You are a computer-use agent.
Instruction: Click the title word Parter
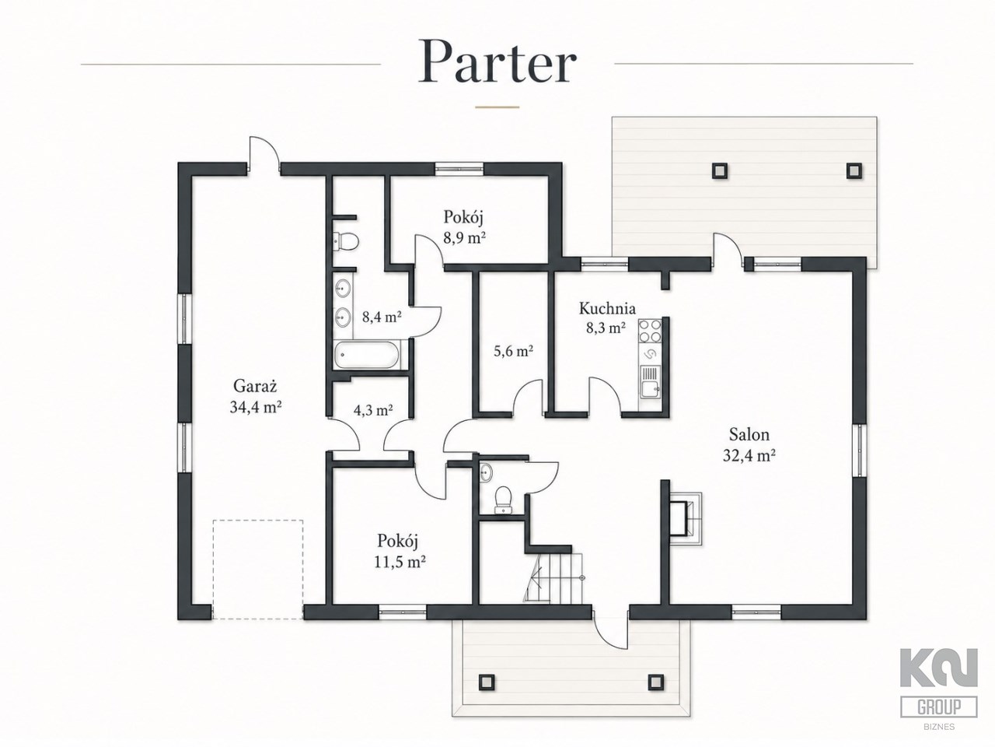pyautogui.click(x=497, y=61)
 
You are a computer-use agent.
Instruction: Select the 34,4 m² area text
pyautogui.click(x=256, y=407)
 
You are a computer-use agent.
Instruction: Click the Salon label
pyautogui.click(x=749, y=434)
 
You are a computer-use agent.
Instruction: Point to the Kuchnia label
pyautogui.click(x=607, y=308)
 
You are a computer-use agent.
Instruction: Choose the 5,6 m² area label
pyautogui.click(x=513, y=351)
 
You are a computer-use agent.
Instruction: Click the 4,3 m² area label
pyautogui.click(x=373, y=411)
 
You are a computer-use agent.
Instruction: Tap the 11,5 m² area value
pyautogui.click(x=400, y=562)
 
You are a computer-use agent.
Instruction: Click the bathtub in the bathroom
pyautogui.click(x=366, y=355)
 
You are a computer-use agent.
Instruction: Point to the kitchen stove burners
pyautogui.click(x=650, y=331)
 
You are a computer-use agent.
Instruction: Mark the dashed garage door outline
pyautogui.click(x=258, y=570)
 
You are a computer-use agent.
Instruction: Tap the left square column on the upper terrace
pyautogui.click(x=719, y=170)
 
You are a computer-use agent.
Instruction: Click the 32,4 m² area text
pyautogui.click(x=749, y=455)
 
